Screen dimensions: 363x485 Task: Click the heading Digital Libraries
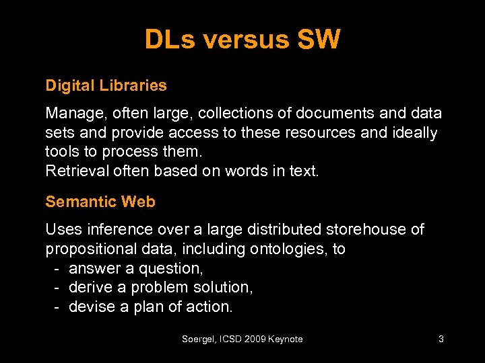click(x=106, y=85)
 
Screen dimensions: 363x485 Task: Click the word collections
click(x=224, y=114)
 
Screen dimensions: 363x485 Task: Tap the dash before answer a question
click(x=58, y=269)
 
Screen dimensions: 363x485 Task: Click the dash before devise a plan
click(x=58, y=307)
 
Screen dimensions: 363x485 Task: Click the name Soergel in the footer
click(x=199, y=339)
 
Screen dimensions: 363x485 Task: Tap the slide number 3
click(x=441, y=339)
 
